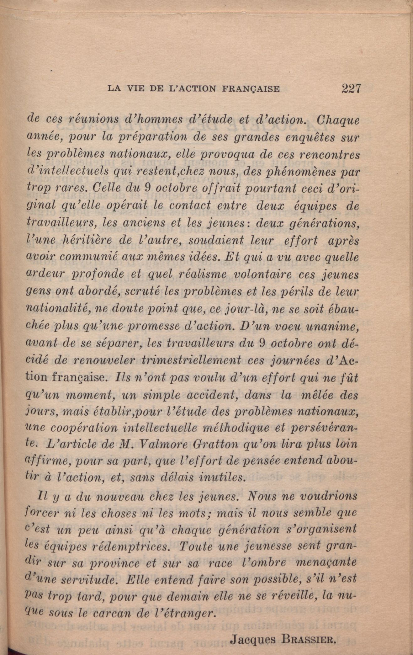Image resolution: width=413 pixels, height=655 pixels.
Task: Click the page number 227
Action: (351, 88)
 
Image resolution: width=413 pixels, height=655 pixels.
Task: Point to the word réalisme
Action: (203, 274)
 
